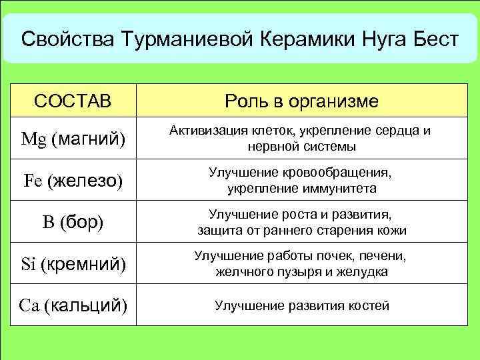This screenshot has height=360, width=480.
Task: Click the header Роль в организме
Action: pyautogui.click(x=301, y=101)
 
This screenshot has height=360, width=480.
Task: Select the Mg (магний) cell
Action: pyautogui.click(x=73, y=139)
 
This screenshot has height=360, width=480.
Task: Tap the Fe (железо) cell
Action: pyautogui.click(x=73, y=181)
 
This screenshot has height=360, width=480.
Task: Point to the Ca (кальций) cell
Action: pyautogui.click(x=73, y=306)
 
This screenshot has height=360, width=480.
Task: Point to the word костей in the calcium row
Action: pyautogui.click(x=366, y=306)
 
